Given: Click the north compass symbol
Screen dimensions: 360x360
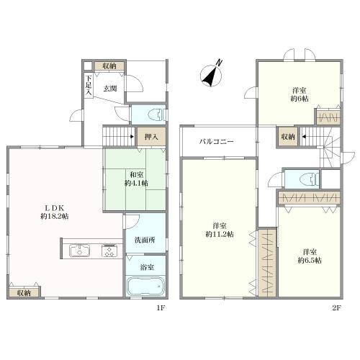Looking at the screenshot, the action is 211,74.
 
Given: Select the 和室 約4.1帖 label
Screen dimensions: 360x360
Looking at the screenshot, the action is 136,179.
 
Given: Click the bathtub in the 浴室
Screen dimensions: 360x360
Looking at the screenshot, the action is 145,286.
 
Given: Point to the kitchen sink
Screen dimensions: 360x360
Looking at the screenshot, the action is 80,251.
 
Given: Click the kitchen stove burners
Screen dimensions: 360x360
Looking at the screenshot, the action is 109,251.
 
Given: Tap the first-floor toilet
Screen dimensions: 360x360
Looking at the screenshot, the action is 156,114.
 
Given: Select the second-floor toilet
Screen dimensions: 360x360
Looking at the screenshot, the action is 309,179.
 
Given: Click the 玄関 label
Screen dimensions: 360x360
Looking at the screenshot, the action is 110,89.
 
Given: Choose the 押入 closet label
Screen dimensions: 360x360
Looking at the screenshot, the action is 151,137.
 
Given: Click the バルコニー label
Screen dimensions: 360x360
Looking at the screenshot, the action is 217,141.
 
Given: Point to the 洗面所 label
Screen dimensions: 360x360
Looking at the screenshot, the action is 145,240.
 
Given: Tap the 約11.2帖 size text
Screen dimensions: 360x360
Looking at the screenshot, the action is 220,234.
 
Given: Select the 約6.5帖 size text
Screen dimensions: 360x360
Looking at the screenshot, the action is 310,261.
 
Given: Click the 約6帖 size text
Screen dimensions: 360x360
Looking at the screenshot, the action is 300,99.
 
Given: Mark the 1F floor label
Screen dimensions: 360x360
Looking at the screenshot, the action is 161,308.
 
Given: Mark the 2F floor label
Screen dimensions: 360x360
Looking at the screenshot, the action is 336,308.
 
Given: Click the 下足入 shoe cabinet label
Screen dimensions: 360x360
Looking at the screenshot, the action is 89,85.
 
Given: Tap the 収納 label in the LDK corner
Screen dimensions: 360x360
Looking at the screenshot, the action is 24,293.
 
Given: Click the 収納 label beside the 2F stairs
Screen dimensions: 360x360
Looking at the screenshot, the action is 288,137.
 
